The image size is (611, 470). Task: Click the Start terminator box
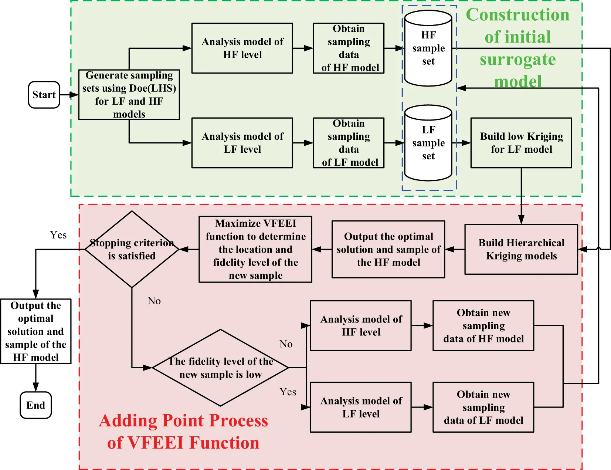point(44,95)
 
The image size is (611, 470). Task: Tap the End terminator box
point(35,405)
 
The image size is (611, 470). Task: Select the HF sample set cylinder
point(428,48)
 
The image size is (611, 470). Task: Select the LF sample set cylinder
point(428,143)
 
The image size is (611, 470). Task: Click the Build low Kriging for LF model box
point(521,143)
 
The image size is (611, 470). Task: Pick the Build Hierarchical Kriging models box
point(521,249)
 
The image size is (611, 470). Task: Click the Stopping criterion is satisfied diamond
point(132,249)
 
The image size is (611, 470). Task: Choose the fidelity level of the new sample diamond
point(220,368)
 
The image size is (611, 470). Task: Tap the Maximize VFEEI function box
point(255,249)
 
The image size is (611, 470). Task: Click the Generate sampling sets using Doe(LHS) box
point(129,95)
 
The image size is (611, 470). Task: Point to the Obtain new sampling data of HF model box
point(483,325)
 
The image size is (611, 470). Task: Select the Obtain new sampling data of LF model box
point(483,407)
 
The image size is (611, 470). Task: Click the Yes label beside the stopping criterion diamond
point(58,235)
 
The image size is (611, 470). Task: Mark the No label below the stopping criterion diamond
point(154,301)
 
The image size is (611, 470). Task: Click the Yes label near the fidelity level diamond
point(288,392)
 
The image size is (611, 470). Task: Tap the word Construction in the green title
point(517,15)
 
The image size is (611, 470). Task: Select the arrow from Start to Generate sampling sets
point(69,95)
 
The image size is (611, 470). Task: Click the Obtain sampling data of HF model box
point(349,48)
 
